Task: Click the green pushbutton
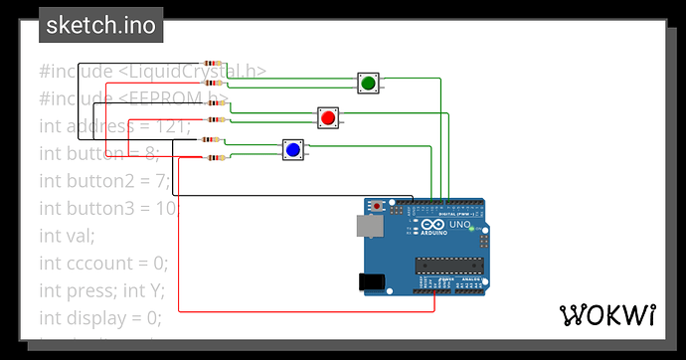368,84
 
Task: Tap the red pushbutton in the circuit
328,118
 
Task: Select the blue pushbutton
292,149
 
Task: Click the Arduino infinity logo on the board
433,227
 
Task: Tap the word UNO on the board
460,225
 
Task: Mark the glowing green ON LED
471,230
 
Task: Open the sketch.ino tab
100,25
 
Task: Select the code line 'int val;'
67,236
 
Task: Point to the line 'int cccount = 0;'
103,263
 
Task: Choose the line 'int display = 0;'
99,318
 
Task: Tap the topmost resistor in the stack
214,63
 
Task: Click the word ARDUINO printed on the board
433,239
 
